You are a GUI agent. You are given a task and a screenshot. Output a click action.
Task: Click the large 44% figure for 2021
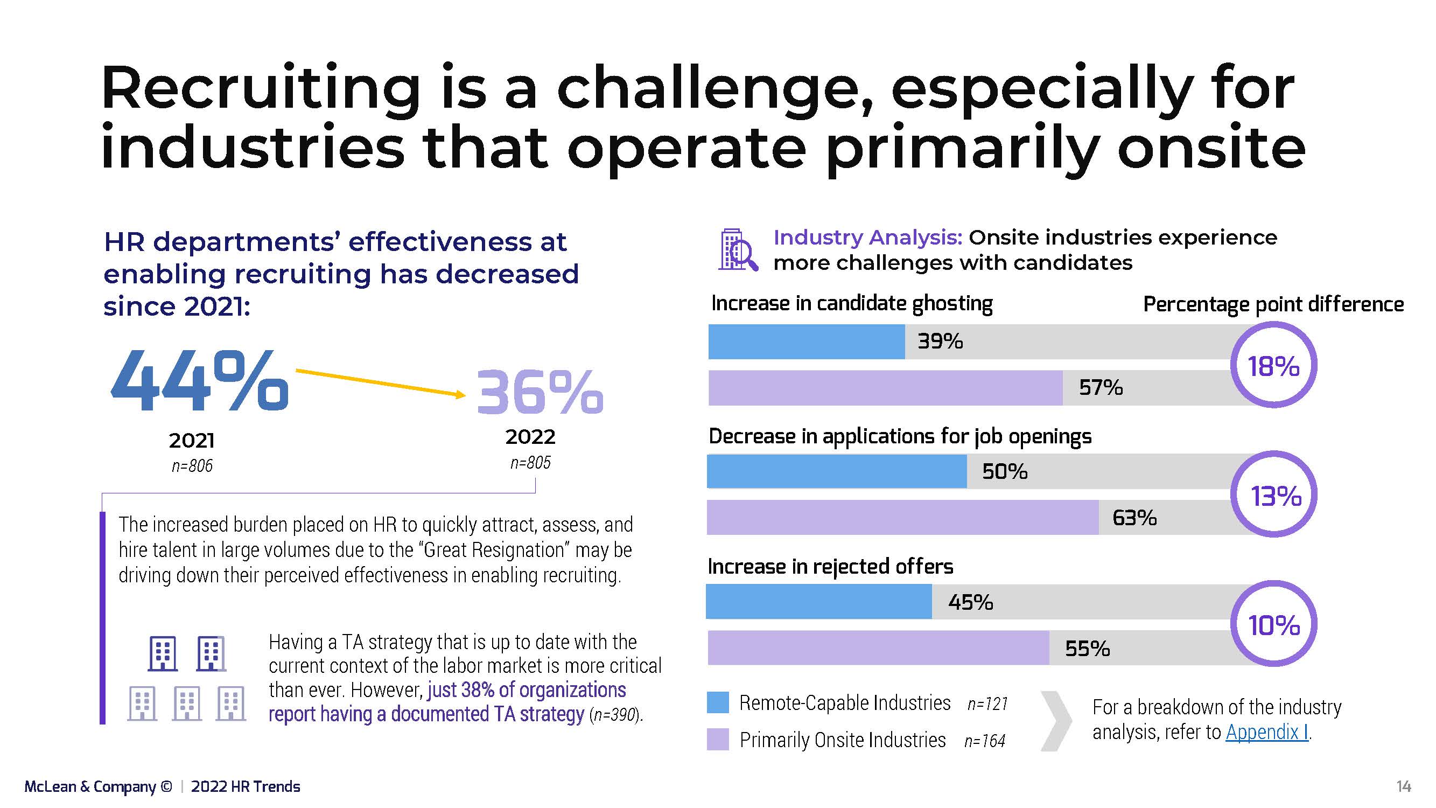click(200, 381)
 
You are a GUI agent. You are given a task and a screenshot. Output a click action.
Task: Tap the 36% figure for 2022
click(540, 392)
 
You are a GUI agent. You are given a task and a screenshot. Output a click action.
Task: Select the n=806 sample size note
click(192, 465)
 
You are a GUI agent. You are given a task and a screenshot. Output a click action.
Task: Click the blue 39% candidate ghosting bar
click(806, 342)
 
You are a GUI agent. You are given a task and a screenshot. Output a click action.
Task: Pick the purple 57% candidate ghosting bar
click(885, 387)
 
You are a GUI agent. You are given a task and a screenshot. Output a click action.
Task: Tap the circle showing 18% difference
click(1273, 366)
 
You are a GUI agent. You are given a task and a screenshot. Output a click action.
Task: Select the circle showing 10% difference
click(1274, 624)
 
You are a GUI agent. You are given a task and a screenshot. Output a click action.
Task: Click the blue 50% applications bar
click(836, 472)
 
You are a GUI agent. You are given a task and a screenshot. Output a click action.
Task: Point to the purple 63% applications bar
click(902, 518)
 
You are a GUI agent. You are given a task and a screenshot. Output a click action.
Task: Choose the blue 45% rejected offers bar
click(818, 602)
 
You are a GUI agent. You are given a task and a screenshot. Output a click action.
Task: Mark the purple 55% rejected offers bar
click(878, 648)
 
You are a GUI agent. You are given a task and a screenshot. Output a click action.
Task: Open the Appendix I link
click(1266, 732)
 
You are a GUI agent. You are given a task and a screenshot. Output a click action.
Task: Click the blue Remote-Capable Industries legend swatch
click(717, 702)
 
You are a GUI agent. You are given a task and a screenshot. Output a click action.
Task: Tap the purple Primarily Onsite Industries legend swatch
click(717, 740)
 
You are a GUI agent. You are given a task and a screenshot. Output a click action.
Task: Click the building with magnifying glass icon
click(738, 250)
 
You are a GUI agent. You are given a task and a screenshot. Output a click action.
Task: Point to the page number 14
click(1404, 786)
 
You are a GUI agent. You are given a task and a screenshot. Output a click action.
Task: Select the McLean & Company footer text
click(98, 786)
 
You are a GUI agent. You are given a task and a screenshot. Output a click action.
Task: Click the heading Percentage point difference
click(1273, 304)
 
